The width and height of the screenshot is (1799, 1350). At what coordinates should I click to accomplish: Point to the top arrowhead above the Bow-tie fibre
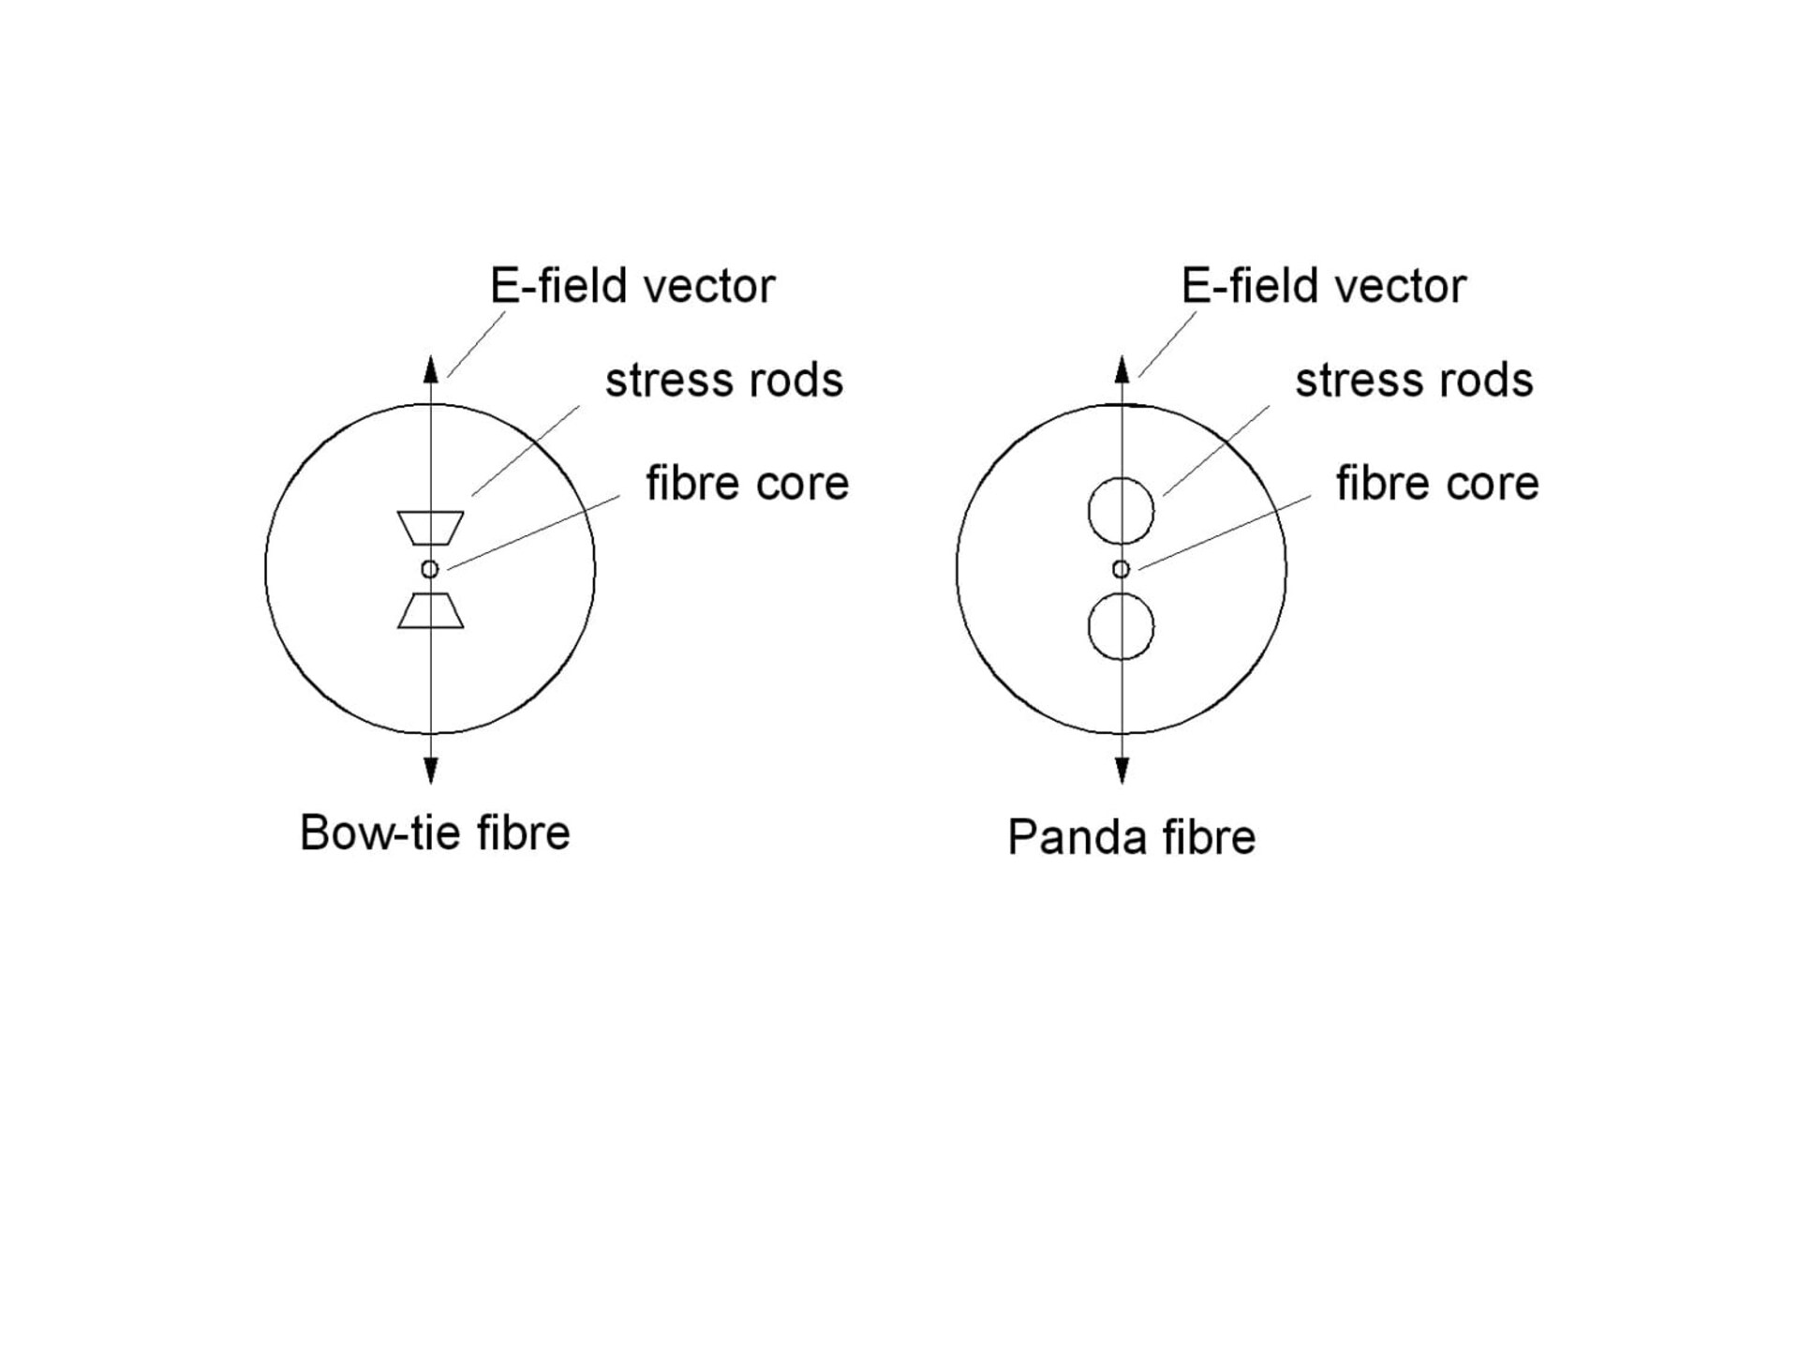(431, 369)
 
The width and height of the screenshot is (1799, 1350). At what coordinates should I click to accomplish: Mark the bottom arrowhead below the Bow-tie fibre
(431, 771)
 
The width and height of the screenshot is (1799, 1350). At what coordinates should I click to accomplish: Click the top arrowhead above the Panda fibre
(1122, 369)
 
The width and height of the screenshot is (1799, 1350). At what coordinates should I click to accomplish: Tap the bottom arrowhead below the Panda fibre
(1122, 771)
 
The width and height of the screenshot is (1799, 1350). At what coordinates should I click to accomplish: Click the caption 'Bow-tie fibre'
(435, 832)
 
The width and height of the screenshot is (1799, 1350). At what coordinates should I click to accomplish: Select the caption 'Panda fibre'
(1131, 837)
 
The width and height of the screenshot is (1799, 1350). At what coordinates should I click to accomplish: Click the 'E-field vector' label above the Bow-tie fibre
(632, 286)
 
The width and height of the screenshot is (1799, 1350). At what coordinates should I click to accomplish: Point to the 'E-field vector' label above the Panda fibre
(1323, 286)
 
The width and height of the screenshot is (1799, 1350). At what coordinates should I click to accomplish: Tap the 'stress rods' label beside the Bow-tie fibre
(724, 380)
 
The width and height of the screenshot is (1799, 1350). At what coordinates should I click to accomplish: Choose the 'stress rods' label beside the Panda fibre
(1414, 380)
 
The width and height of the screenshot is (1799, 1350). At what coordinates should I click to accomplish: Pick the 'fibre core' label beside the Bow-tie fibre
(747, 483)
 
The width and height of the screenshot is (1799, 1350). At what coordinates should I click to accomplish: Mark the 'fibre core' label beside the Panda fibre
(1437, 483)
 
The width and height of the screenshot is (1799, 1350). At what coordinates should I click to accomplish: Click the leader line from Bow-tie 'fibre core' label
(533, 532)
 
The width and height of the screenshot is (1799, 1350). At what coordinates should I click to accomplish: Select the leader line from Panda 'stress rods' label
(1216, 451)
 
